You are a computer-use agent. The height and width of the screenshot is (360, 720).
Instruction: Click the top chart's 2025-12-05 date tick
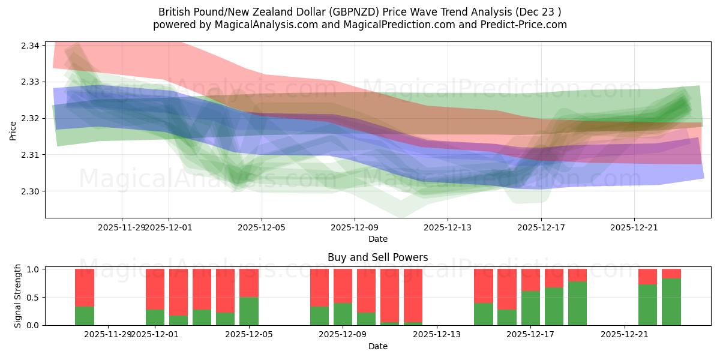coord(262,227)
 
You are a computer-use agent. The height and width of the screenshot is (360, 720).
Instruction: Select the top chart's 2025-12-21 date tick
coord(634,227)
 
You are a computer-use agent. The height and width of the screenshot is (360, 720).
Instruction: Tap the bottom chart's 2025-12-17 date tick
coord(530,334)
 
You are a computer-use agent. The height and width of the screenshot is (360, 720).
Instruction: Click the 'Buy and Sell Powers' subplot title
coord(377,257)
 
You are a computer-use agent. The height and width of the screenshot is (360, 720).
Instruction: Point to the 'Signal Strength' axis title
coord(18,296)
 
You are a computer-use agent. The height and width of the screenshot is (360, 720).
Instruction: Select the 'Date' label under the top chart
coord(377,239)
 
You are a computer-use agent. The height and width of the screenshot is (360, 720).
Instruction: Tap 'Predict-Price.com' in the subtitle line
coord(525,25)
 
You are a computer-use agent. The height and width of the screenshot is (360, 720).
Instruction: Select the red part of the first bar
coord(84,287)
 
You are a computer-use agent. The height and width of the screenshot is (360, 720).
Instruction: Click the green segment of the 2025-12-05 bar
coord(248,311)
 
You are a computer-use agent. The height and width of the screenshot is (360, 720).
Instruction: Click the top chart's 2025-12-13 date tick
coord(448,227)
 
